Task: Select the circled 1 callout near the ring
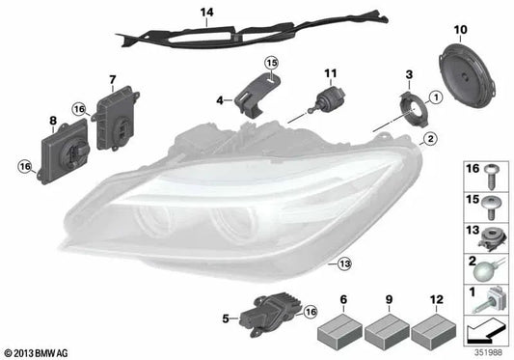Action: click(x=435, y=97)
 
